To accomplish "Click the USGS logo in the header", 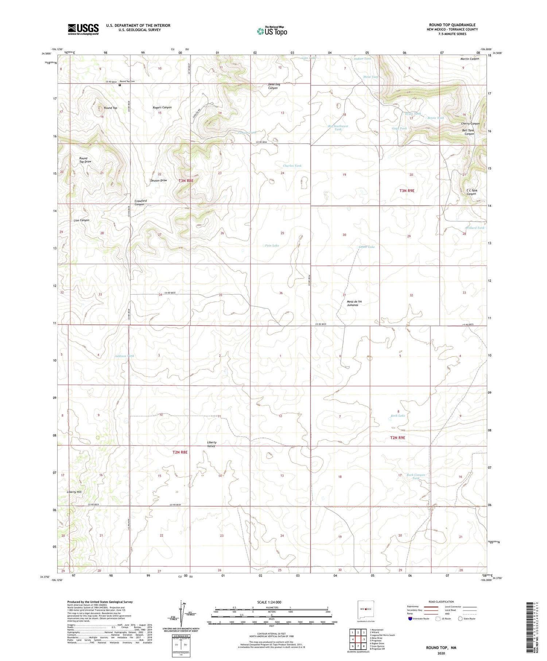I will pyautogui.click(x=83, y=29).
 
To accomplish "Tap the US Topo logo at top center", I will pyautogui.click(x=272, y=31).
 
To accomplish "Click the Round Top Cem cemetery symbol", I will pyautogui.click(x=120, y=85).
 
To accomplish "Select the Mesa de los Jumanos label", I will pyautogui.click(x=352, y=303).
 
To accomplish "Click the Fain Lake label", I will pyautogui.click(x=272, y=245).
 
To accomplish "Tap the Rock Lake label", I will pyautogui.click(x=398, y=416).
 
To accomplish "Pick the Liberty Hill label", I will pyautogui.click(x=74, y=492).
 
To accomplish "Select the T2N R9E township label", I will pyautogui.click(x=397, y=438).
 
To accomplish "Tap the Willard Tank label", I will pyautogui.click(x=475, y=228).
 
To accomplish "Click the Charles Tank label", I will pyautogui.click(x=292, y=166).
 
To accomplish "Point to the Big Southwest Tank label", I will pyautogui.click(x=338, y=128).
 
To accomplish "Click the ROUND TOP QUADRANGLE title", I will pyautogui.click(x=452, y=25).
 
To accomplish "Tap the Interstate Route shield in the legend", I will pyautogui.click(x=410, y=618).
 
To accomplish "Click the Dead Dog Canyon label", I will pyautogui.click(x=274, y=86).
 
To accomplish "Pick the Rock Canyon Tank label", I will pyautogui.click(x=416, y=476).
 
